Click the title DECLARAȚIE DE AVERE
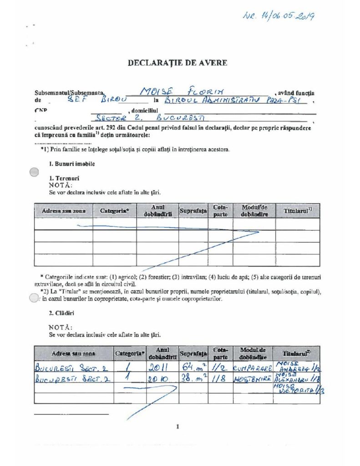(177, 63)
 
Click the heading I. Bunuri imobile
(72, 163)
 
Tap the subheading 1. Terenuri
(63, 179)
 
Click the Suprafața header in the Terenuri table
(193, 211)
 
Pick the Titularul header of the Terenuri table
(297, 211)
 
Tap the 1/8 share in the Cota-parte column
(221, 378)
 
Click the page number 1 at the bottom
(177, 426)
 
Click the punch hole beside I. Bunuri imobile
(34, 172)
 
